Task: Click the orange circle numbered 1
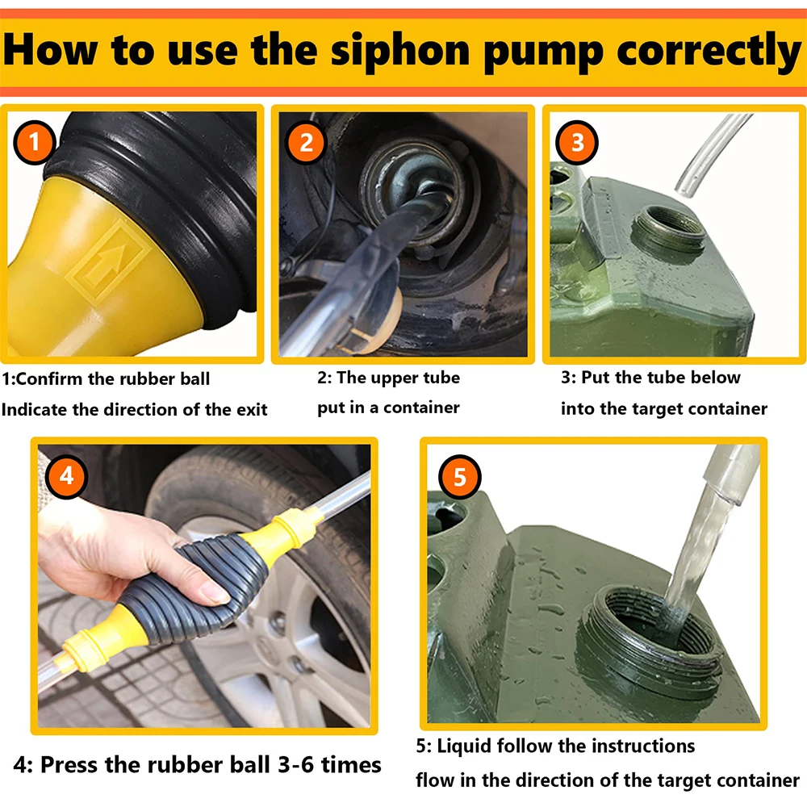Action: [x=34, y=142]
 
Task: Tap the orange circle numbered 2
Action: [x=306, y=143]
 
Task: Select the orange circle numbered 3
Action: [x=577, y=142]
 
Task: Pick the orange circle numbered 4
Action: [x=66, y=477]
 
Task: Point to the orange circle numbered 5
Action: [x=460, y=477]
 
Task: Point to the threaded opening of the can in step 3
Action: [x=668, y=231]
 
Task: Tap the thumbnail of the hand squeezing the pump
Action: [x=204, y=586]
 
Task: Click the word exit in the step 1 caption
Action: [x=252, y=410]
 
